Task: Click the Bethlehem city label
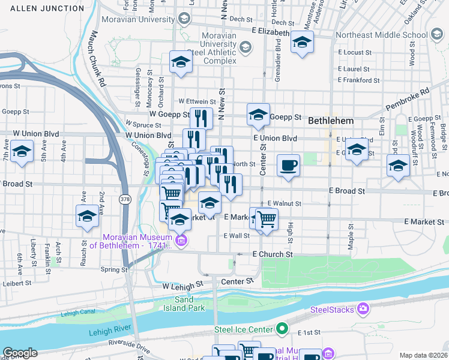[330, 121]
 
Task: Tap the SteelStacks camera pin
[363, 309]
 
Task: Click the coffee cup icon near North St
[289, 165]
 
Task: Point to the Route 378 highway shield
[125, 199]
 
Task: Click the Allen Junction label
[47, 8]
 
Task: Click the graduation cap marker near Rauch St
[87, 215]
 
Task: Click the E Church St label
[273, 254]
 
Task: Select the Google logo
[20, 353]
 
